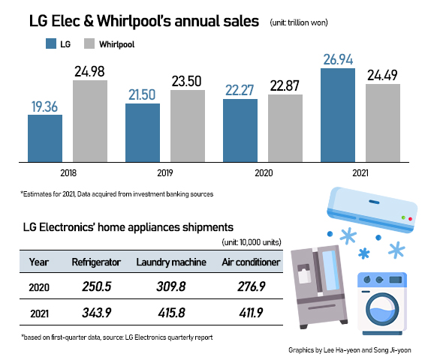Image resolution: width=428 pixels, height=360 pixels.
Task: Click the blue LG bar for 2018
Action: click(x=45, y=139)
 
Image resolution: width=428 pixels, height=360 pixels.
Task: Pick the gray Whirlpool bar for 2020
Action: click(x=285, y=128)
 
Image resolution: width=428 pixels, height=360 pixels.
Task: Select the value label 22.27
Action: click(x=240, y=90)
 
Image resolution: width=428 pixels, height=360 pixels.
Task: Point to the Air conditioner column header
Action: click(x=252, y=262)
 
